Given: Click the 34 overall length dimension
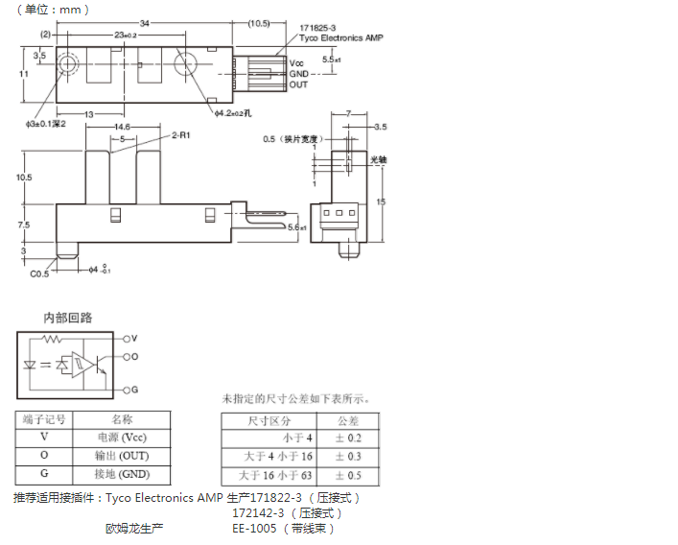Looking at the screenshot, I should pos(143,23).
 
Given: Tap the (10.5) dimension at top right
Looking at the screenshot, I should pos(261,23).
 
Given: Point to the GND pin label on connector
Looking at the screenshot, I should pos(298,73).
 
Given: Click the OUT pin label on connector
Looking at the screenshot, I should pos(298,83).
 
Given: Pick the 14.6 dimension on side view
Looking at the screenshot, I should pos(122,127).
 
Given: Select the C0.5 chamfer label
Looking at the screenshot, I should pos(38,273).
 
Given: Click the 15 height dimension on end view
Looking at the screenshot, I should pos(381,201).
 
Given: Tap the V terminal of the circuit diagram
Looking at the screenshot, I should pos(134,339).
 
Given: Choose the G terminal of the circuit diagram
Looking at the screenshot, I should pos(134,390).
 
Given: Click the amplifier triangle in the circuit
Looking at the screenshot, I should pos(84,365).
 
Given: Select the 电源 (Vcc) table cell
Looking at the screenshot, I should pos(122,438).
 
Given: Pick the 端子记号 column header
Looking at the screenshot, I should pos(43,419).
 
